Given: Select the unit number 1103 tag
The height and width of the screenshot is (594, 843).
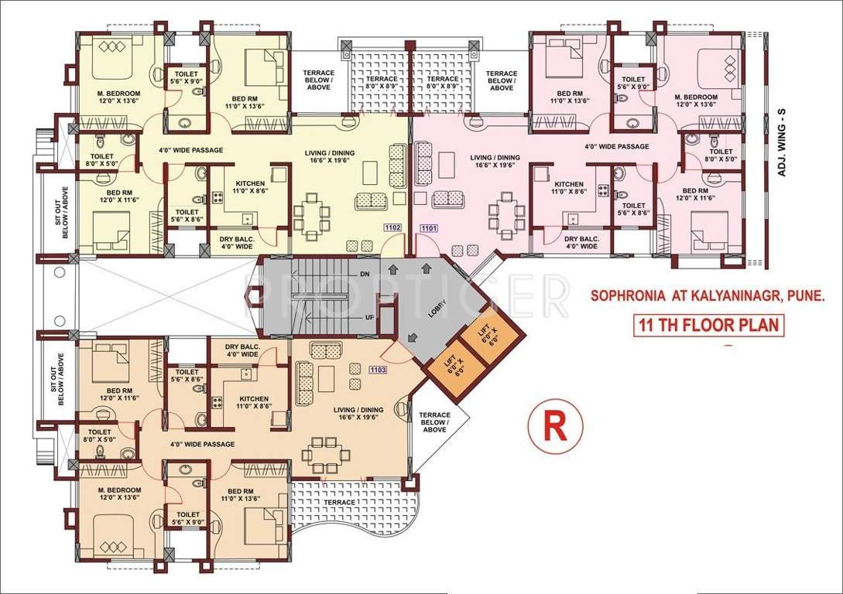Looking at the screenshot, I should pyautogui.click(x=379, y=370).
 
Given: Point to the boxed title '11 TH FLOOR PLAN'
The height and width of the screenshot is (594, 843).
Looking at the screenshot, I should pyautogui.click(x=708, y=324).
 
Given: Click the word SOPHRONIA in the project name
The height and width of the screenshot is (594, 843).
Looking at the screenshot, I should pyautogui.click(x=625, y=295).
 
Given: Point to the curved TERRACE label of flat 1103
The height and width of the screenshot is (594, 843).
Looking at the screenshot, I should pyautogui.click(x=340, y=502).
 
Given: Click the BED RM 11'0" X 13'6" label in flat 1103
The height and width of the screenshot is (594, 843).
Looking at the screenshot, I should pyautogui.click(x=245, y=496).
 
